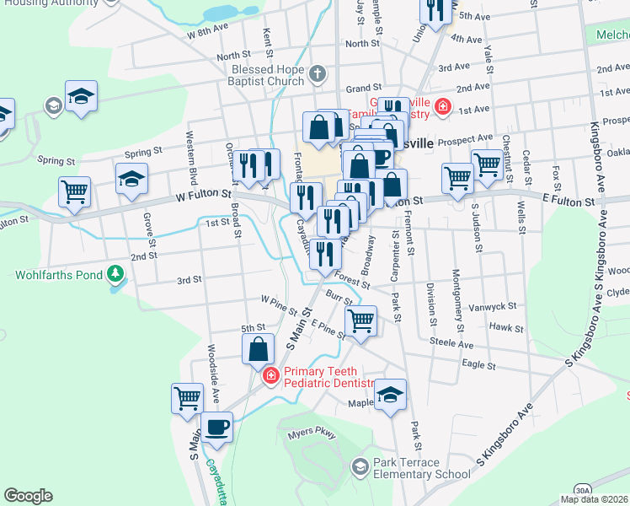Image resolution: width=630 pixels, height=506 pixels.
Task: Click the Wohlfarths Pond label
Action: tap(56, 274)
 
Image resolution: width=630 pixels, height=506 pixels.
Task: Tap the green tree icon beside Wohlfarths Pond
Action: tap(115, 274)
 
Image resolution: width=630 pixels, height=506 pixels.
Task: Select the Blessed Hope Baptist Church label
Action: tap(258, 74)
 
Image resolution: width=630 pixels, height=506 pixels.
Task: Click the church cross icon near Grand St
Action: tap(318, 73)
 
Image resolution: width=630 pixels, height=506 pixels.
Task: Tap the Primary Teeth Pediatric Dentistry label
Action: tap(328, 377)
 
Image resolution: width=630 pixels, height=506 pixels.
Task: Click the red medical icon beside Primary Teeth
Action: tap(270, 375)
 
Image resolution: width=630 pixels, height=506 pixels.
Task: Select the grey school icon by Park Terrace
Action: tap(360, 467)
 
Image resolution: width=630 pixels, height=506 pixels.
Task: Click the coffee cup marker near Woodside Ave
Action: tap(217, 426)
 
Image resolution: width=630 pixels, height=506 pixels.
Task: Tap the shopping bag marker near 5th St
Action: tap(258, 347)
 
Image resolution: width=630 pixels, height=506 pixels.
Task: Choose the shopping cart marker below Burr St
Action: tap(360, 321)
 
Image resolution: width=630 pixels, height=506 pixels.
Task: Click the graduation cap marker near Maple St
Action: tap(390, 396)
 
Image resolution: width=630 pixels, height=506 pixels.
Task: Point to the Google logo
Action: tap(28, 496)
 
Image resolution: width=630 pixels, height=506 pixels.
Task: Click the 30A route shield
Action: tap(583, 489)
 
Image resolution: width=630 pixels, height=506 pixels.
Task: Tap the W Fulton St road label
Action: tap(204, 196)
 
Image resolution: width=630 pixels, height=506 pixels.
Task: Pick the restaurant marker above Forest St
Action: tap(324, 252)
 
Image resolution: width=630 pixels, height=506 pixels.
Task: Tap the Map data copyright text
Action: tap(593, 499)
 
